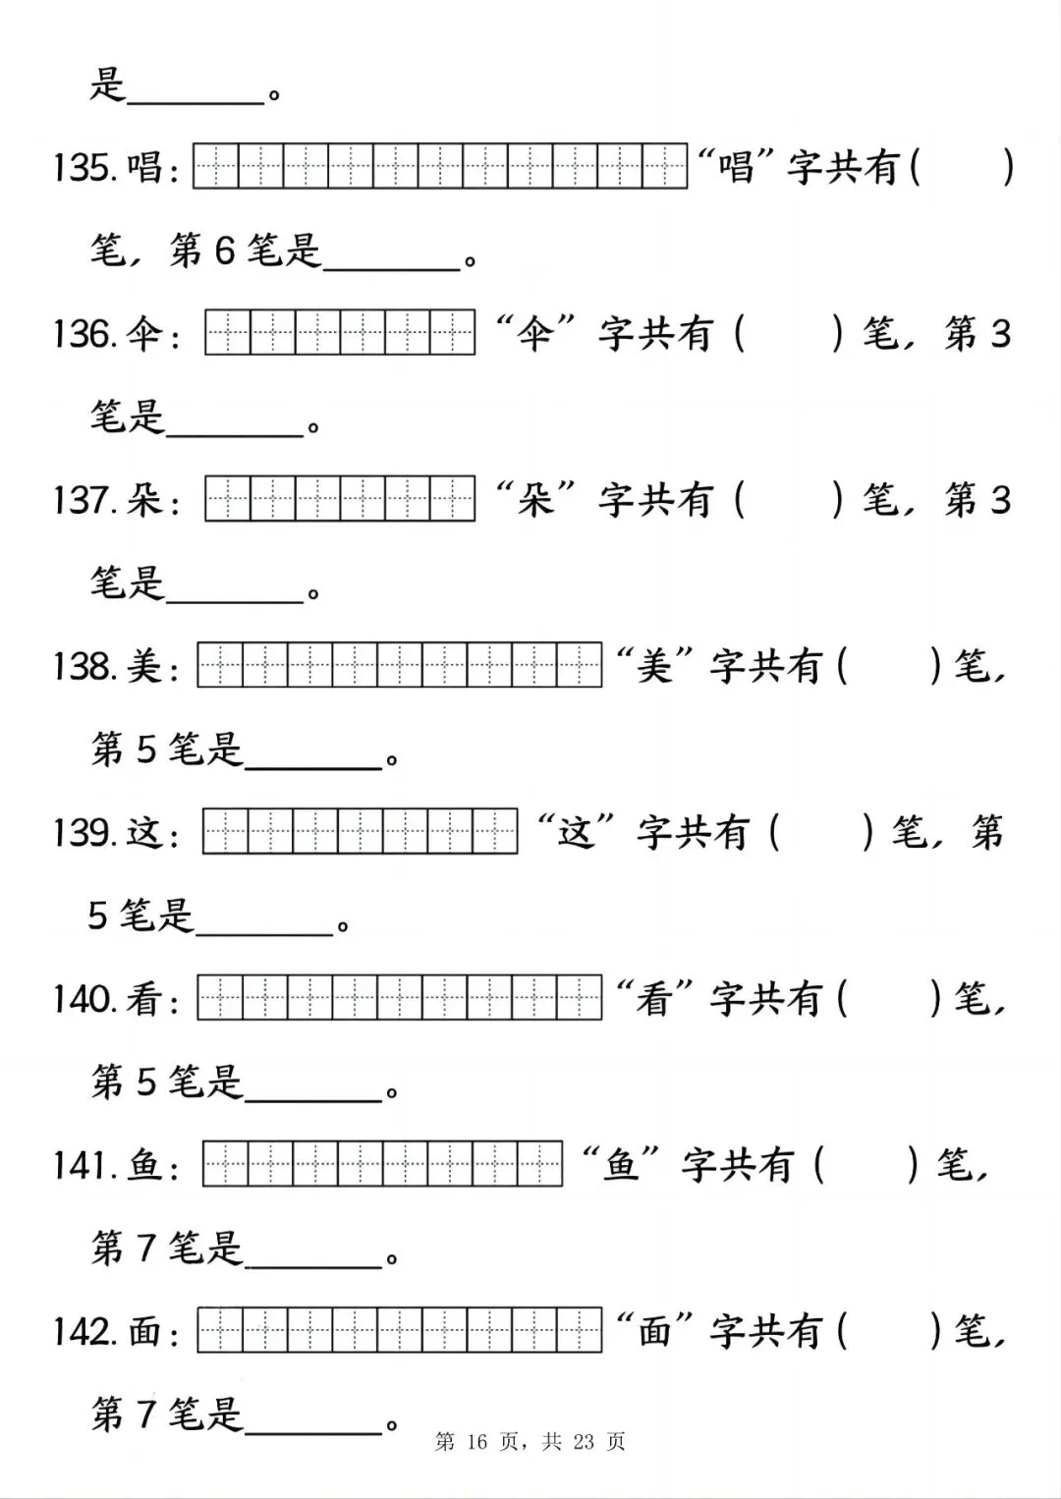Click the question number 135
click(x=85, y=168)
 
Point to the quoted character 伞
click(x=535, y=334)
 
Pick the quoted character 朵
click(x=535, y=500)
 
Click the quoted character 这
click(x=577, y=833)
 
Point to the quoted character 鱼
click(x=622, y=1165)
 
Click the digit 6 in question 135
click(x=224, y=251)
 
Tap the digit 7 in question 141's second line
click(x=145, y=1249)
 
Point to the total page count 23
click(x=584, y=1442)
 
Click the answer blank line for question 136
click(x=235, y=432)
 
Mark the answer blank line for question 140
click(x=313, y=1098)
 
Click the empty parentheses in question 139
click(x=821, y=833)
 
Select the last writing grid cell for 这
click(x=495, y=832)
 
